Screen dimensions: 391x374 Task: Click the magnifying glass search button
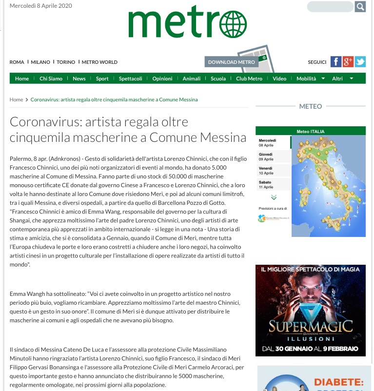click(x=360, y=7)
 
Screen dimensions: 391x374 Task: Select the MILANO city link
click(x=40, y=62)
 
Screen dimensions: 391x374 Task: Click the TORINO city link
click(x=66, y=62)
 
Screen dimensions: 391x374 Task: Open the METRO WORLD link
click(x=99, y=62)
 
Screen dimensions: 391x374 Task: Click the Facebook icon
click(x=335, y=62)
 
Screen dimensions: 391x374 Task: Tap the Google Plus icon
click(x=348, y=62)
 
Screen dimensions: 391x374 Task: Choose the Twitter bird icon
click(x=360, y=62)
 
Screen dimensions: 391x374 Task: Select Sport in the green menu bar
click(x=102, y=79)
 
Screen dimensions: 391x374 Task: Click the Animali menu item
click(x=191, y=79)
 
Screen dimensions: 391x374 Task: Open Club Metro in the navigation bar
click(x=249, y=79)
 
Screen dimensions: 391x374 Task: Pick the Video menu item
click(x=279, y=79)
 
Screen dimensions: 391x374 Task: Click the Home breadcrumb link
click(x=17, y=99)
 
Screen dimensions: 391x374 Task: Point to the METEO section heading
click(x=310, y=106)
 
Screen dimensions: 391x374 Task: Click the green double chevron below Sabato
click(x=273, y=197)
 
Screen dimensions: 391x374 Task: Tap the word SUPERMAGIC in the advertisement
click(x=310, y=326)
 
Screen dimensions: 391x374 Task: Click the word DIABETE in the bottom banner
click(x=338, y=382)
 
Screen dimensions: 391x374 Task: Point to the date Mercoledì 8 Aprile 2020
click(x=41, y=6)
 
